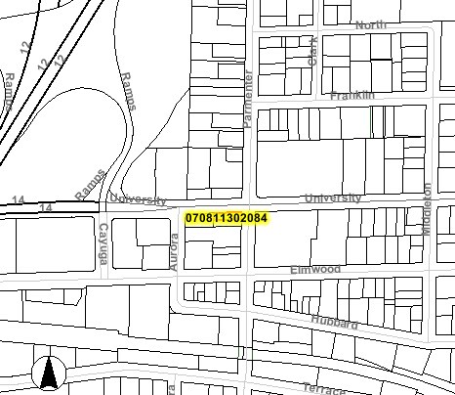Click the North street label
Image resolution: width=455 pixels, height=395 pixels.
370,24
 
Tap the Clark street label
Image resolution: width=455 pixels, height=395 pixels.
314,53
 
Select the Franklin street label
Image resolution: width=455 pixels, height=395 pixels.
352,96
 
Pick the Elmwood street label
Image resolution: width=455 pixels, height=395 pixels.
314,269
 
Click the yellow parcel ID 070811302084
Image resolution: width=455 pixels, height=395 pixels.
226,216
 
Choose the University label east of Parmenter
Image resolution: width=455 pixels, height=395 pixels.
333,198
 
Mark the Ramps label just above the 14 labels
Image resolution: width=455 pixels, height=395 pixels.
90,185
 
